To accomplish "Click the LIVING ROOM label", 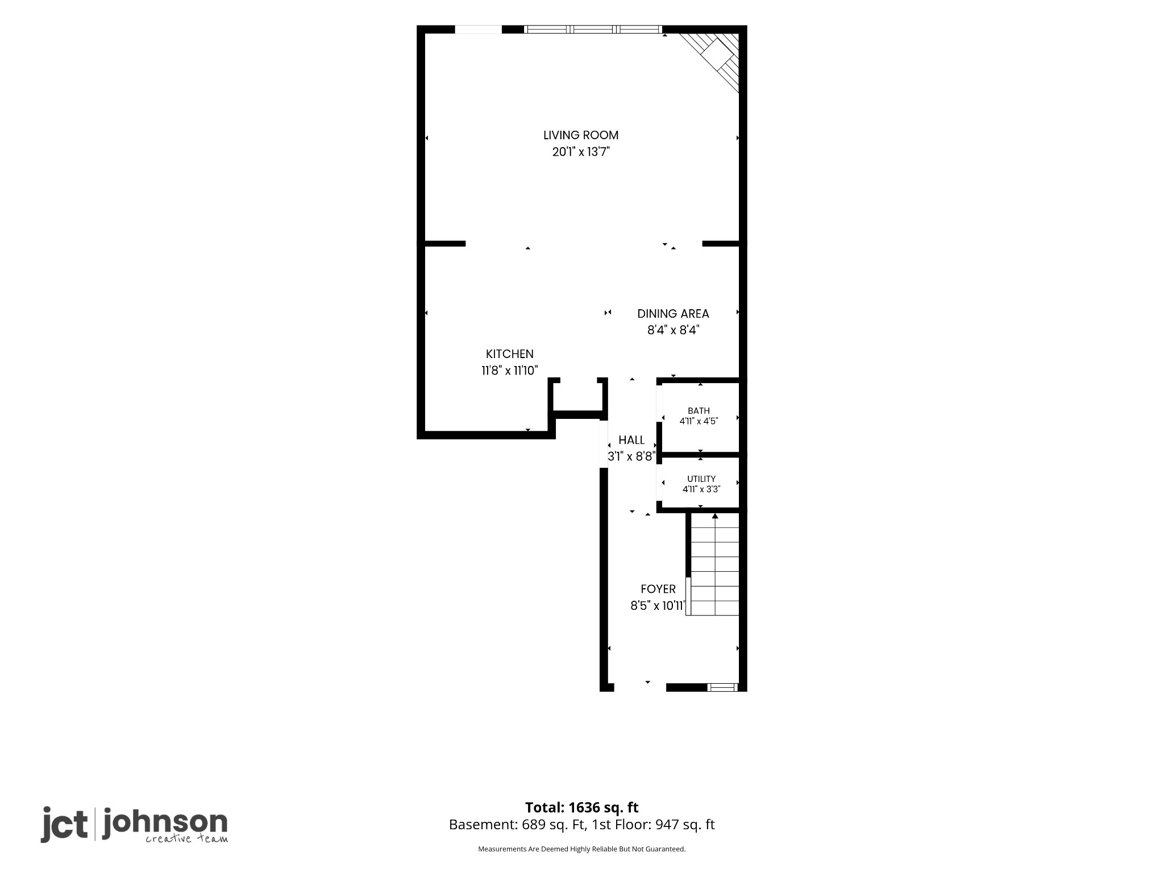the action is tap(581, 135).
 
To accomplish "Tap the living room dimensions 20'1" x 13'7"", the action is tap(581, 152).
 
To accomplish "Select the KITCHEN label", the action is tap(510, 354).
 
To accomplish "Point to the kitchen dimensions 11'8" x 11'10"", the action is tap(510, 371).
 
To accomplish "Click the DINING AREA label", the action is tap(673, 314).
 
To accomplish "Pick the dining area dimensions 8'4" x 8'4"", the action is tap(673, 330).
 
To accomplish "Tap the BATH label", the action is tap(699, 411).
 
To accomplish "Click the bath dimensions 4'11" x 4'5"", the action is tap(699, 421).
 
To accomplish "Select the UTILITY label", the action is tap(701, 479).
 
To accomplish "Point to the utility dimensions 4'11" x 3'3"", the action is tap(701, 489).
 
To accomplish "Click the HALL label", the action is tap(631, 440).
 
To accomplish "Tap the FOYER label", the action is tap(658, 589).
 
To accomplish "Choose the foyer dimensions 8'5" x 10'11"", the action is tap(658, 606).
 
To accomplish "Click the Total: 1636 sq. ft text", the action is tap(581, 808).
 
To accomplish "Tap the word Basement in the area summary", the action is tap(481, 825).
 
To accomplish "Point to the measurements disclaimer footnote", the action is tap(581, 849).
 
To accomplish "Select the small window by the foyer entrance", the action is tap(722, 687).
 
